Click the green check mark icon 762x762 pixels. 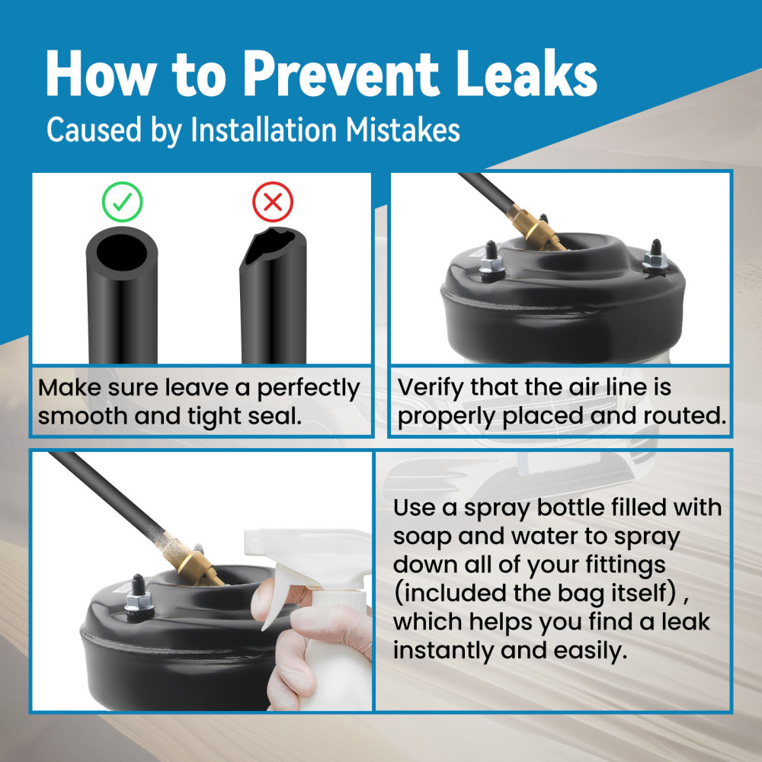tap(122, 202)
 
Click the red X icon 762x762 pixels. tap(273, 202)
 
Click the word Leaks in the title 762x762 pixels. tap(527, 75)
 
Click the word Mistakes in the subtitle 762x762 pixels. tap(403, 130)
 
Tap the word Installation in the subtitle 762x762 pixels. tap(264, 130)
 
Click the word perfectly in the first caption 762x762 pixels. tap(309, 389)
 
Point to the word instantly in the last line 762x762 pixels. tap(443, 651)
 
